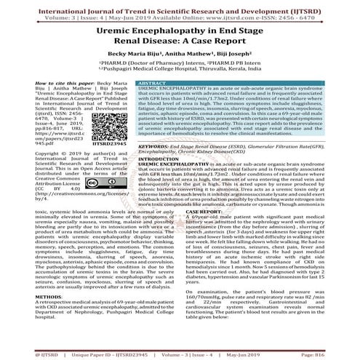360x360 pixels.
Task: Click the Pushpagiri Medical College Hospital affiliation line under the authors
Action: point(179,71)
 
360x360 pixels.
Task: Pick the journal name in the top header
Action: point(180,4)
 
